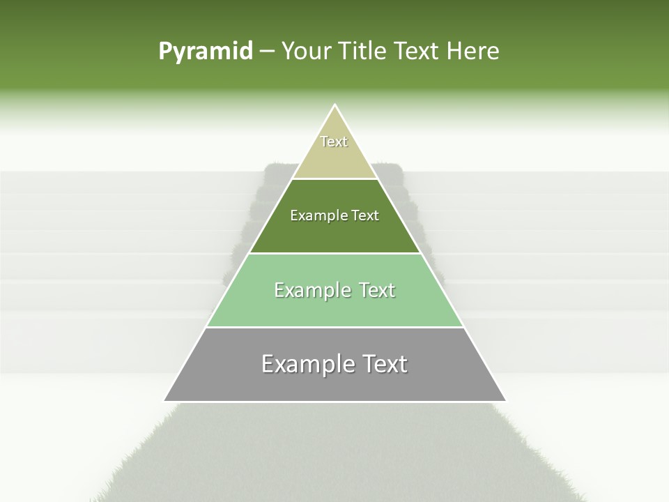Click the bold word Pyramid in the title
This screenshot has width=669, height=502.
206,52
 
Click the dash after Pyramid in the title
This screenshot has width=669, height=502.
267,52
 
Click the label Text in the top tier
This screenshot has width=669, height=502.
334,142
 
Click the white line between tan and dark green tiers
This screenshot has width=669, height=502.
334,178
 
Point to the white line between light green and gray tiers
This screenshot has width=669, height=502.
334,327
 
